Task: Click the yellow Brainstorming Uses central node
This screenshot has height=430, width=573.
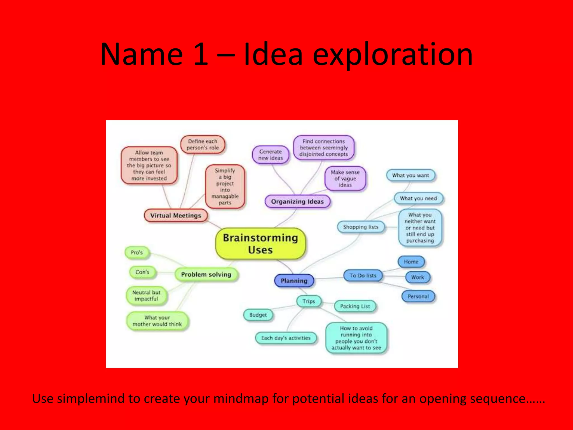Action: click(x=260, y=244)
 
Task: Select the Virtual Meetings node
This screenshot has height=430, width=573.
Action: click(x=176, y=216)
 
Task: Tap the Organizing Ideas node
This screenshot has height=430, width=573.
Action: click(x=297, y=202)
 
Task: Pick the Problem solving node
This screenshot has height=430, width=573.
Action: click(x=206, y=274)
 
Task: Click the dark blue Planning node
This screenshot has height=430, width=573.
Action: click(x=294, y=281)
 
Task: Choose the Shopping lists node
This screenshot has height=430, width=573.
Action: click(x=361, y=227)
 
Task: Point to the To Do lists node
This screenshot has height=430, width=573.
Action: click(x=363, y=275)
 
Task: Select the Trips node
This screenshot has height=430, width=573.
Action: click(x=309, y=301)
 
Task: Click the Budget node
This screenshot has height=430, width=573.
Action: click(x=258, y=315)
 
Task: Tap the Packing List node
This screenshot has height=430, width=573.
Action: click(x=355, y=306)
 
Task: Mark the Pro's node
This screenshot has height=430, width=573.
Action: click(x=137, y=253)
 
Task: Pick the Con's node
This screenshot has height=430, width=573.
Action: click(x=142, y=272)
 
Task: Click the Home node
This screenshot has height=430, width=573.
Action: click(x=411, y=262)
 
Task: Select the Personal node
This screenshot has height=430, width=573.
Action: click(x=418, y=296)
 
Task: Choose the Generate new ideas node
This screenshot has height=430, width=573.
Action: click(x=271, y=155)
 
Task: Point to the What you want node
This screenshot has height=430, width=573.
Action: click(x=410, y=176)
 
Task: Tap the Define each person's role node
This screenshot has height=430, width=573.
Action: click(x=203, y=144)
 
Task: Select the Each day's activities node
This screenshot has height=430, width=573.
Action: click(x=286, y=338)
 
